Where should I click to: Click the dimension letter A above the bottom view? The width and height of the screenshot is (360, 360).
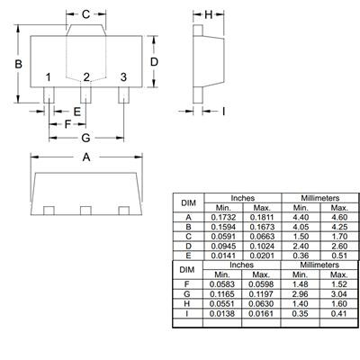[x=86, y=157]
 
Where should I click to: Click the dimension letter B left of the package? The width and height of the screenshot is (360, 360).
[x=17, y=63]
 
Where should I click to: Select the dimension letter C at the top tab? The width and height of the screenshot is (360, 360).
[x=85, y=14]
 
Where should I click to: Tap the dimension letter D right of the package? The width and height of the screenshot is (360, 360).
[x=154, y=61]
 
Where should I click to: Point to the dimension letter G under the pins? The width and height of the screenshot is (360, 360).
[x=85, y=138]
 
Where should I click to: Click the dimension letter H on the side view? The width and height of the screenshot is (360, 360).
[x=208, y=14]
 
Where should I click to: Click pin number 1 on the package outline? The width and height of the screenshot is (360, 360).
[x=49, y=78]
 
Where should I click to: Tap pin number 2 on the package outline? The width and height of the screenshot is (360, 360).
[x=85, y=78]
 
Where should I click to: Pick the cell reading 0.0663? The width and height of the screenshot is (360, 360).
[x=262, y=236]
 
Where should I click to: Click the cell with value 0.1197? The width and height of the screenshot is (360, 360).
[x=262, y=293]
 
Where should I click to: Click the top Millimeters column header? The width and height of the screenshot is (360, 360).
[x=306, y=197]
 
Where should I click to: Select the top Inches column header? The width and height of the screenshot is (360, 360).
[x=241, y=197]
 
